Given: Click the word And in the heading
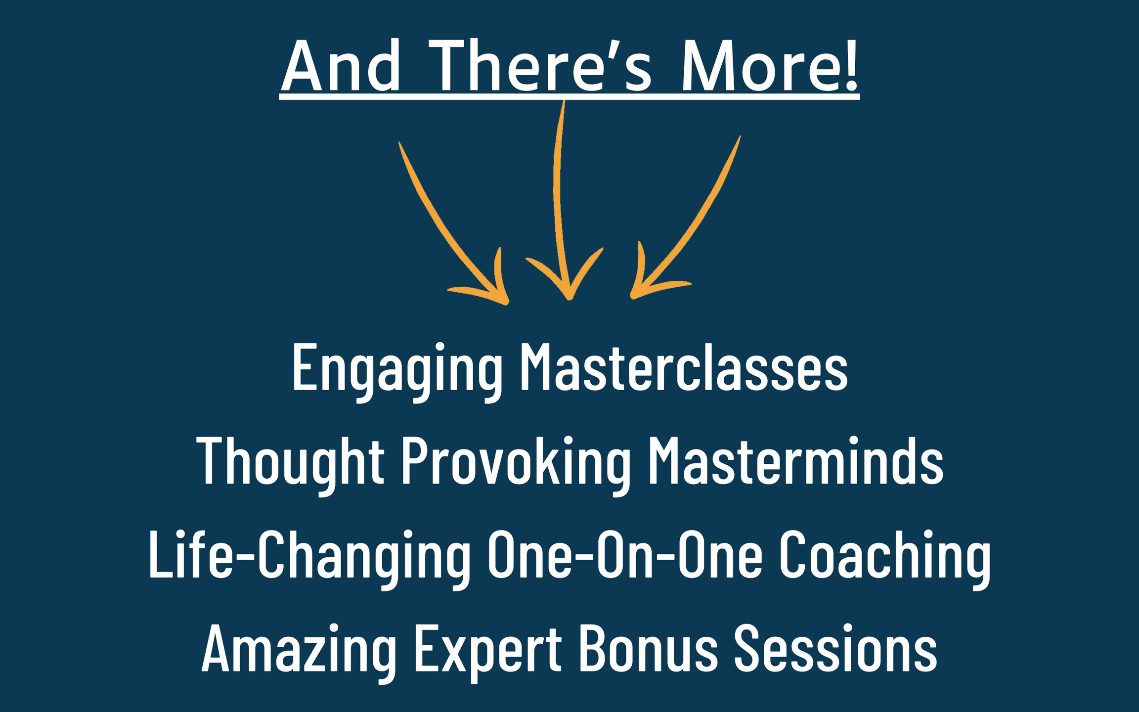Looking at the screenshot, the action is (341, 66).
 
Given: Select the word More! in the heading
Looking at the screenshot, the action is (769, 66).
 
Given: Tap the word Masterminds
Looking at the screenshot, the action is (795, 460).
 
